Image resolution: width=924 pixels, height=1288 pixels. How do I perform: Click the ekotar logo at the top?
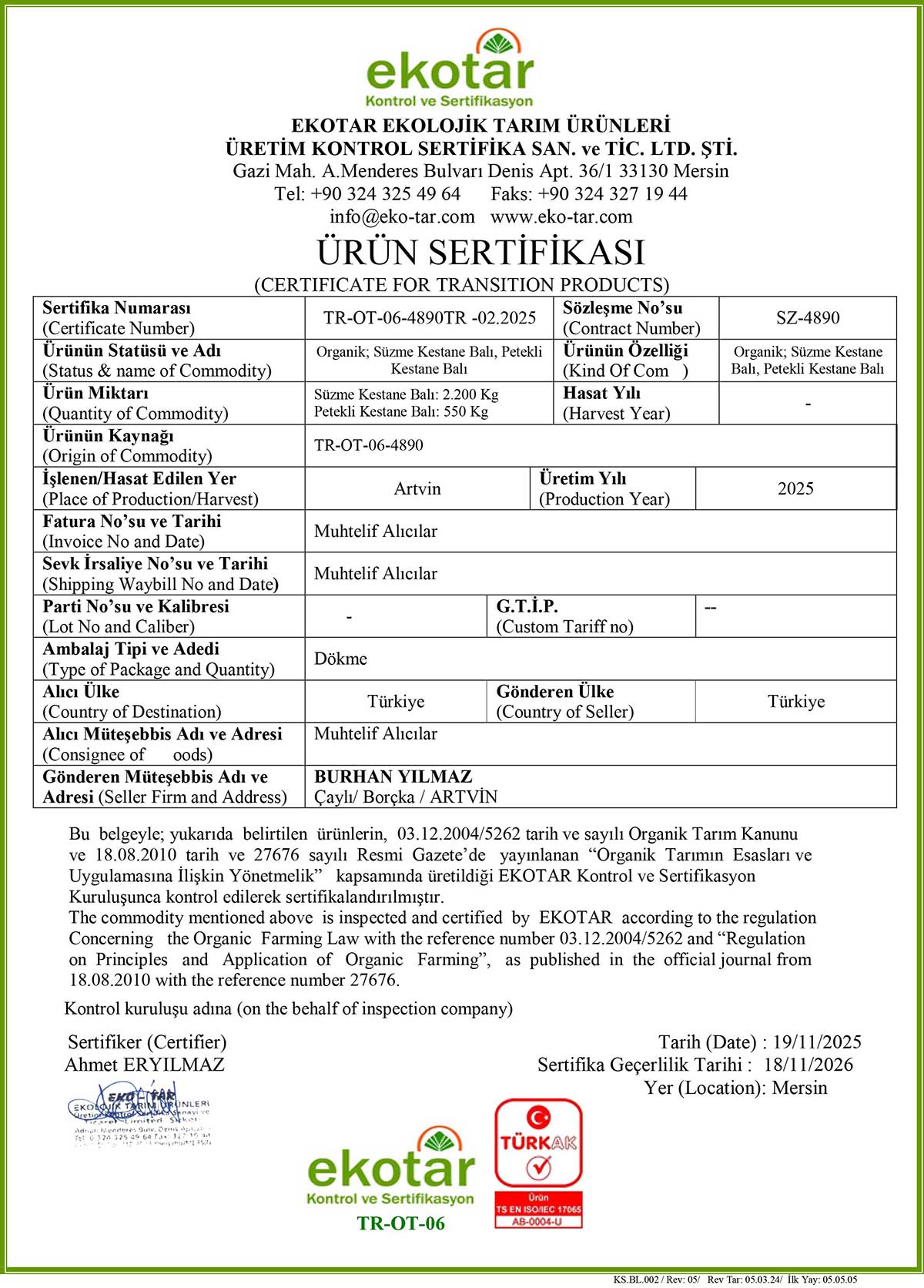[x=450, y=69]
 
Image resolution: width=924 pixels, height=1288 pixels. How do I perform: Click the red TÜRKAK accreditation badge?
[x=538, y=1162]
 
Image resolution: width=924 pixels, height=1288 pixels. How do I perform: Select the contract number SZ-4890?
[x=807, y=318]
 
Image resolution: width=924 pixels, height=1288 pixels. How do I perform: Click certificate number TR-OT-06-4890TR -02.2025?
[x=430, y=318]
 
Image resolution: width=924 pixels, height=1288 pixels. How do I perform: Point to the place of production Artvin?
[x=417, y=489]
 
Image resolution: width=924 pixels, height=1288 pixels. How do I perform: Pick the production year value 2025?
[x=795, y=489]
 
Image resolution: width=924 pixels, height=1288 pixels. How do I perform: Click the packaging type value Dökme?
[x=340, y=659]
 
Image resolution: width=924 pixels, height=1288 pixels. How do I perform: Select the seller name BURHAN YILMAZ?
[x=393, y=776]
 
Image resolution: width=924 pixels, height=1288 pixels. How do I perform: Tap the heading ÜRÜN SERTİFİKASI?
[x=480, y=253]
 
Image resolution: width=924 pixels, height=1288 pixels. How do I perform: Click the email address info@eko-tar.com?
[x=402, y=217]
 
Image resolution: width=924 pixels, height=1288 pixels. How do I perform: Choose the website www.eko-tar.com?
[x=561, y=217]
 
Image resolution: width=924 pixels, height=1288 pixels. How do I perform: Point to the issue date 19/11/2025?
[x=816, y=1042]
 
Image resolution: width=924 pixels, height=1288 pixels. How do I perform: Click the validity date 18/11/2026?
[x=808, y=1065]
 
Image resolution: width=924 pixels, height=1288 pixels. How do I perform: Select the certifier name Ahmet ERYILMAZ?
[x=145, y=1065]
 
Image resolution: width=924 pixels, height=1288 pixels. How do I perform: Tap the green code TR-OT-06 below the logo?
[x=400, y=1223]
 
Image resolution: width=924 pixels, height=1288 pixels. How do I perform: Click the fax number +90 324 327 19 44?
[x=612, y=194]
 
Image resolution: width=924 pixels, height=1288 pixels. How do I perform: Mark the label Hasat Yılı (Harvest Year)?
[x=616, y=404]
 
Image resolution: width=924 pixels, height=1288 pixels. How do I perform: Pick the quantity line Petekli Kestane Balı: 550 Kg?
[x=400, y=412]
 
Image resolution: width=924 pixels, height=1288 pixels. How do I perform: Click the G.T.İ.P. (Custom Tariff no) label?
[x=564, y=616]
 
